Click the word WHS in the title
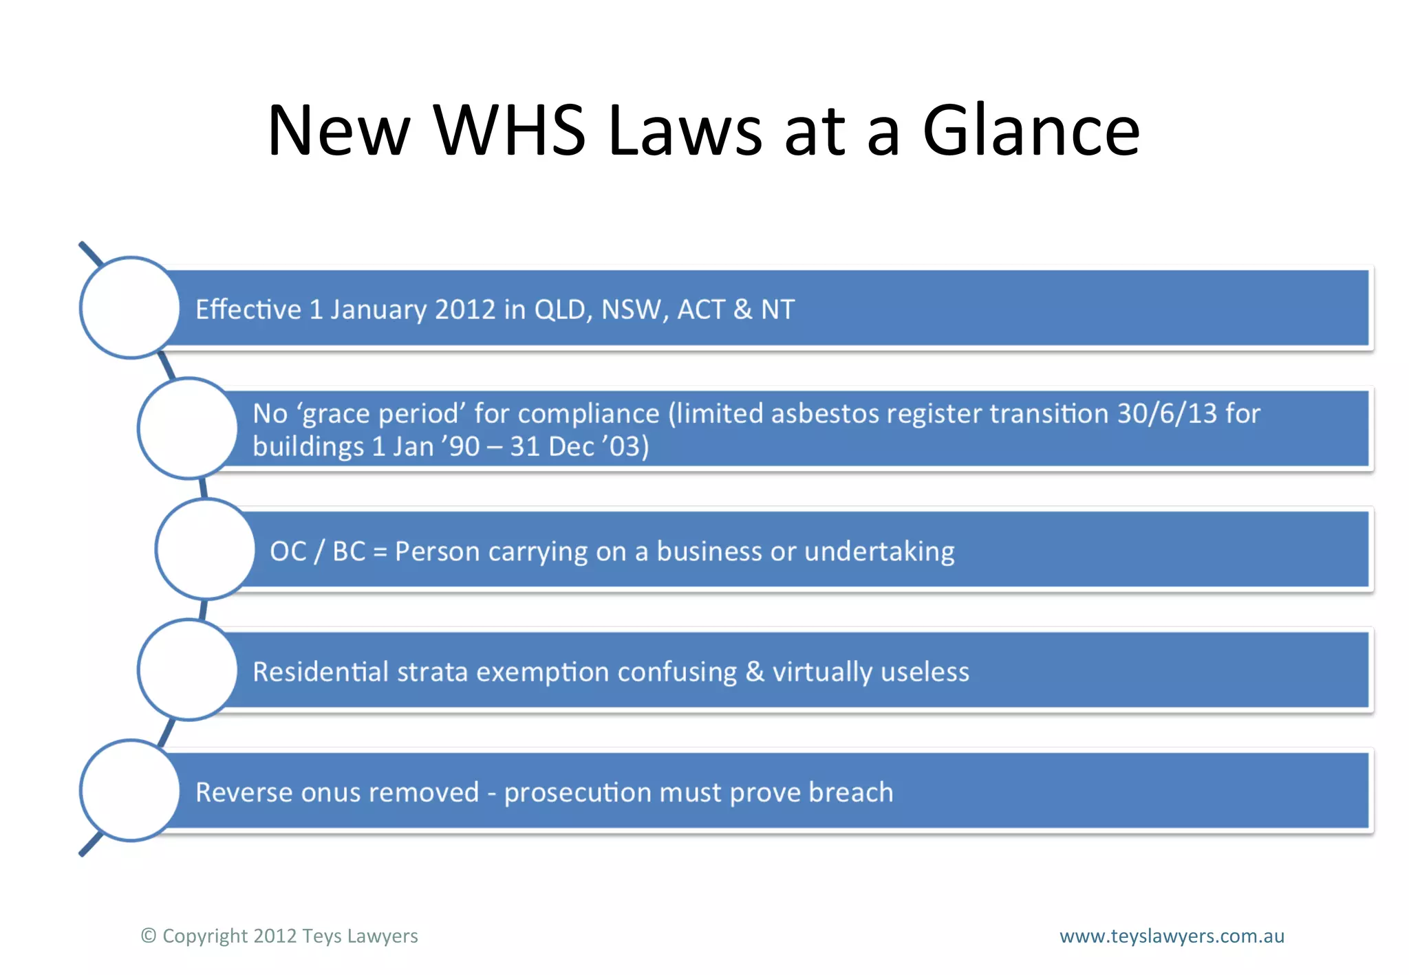click(x=508, y=131)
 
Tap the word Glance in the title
click(x=1031, y=131)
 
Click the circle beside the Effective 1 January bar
click(x=130, y=307)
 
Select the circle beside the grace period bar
click(x=188, y=428)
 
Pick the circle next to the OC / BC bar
click(x=205, y=549)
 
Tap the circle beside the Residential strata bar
click(x=188, y=670)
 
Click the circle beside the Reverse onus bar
click(x=130, y=791)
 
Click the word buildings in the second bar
click(x=308, y=447)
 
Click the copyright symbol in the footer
click(x=149, y=936)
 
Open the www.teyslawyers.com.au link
click(x=1172, y=936)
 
